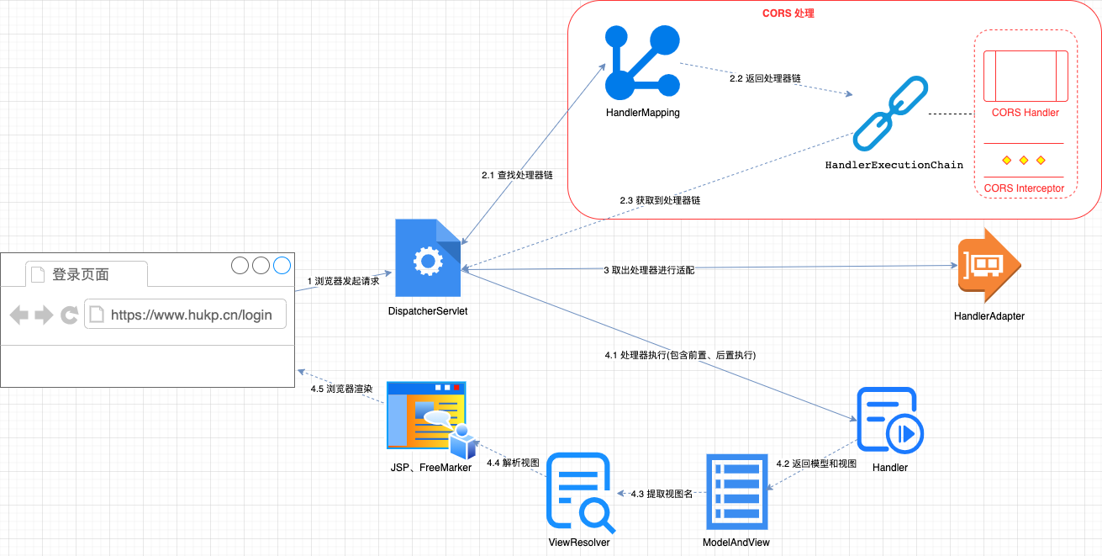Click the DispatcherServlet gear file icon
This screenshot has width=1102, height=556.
(428, 258)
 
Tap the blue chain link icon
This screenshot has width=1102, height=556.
(889, 114)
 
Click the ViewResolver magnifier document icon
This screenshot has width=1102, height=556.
(579, 492)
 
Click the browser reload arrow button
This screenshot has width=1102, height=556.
(70, 315)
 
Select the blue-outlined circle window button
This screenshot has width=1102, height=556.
(282, 266)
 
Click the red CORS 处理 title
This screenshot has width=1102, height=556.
(788, 13)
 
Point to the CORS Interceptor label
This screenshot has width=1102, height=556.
(1023, 188)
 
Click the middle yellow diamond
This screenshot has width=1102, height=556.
(1023, 160)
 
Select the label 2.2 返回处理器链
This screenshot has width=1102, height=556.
(764, 78)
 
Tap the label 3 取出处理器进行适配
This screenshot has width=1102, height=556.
(649, 270)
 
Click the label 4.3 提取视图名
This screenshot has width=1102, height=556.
(662, 494)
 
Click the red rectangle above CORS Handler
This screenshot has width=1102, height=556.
(1025, 76)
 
